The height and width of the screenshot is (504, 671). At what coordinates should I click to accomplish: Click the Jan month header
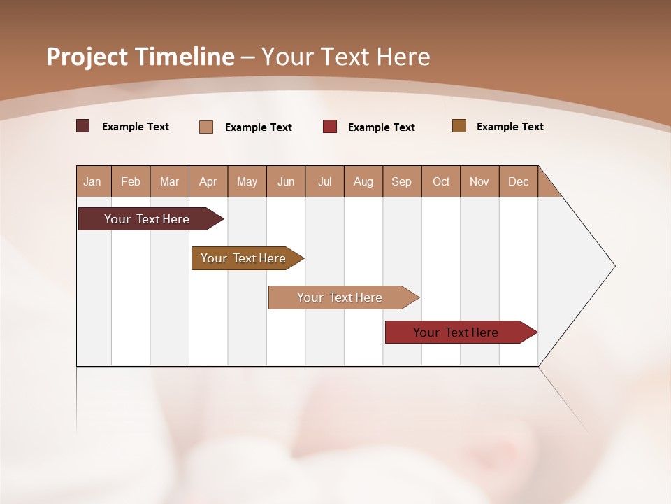tap(93, 182)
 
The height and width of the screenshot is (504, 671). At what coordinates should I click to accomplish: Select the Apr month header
tap(208, 182)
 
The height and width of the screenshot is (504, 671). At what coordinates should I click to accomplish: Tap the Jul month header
tap(324, 182)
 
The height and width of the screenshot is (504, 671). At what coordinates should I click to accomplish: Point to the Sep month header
tap(401, 182)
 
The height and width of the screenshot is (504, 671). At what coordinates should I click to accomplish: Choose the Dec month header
tap(518, 182)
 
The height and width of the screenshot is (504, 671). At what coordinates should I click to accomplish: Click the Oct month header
tap(441, 182)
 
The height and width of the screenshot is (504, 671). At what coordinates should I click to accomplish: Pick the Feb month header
tap(131, 182)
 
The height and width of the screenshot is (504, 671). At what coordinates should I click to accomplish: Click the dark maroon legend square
tap(82, 126)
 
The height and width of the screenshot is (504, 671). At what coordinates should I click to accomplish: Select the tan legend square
tap(206, 127)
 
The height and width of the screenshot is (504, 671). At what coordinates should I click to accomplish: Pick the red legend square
tap(330, 127)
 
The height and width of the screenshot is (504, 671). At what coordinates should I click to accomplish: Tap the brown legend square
tap(459, 126)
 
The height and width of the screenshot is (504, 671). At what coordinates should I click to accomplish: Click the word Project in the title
tap(85, 57)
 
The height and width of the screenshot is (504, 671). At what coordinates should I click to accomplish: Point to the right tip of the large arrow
tap(614, 266)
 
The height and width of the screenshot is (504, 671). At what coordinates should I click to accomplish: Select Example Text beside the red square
tap(381, 127)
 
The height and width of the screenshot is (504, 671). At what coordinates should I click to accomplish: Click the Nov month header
tap(479, 182)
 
